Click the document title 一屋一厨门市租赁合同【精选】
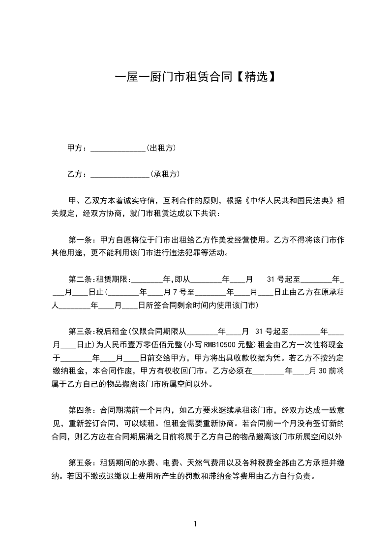pyautogui.click(x=195, y=77)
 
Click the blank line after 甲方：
pyautogui.click(x=118, y=148)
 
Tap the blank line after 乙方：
pyautogui.click(x=120, y=174)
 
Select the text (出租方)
pyautogui.click(x=161, y=148)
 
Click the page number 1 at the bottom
pyautogui.click(x=195, y=523)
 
